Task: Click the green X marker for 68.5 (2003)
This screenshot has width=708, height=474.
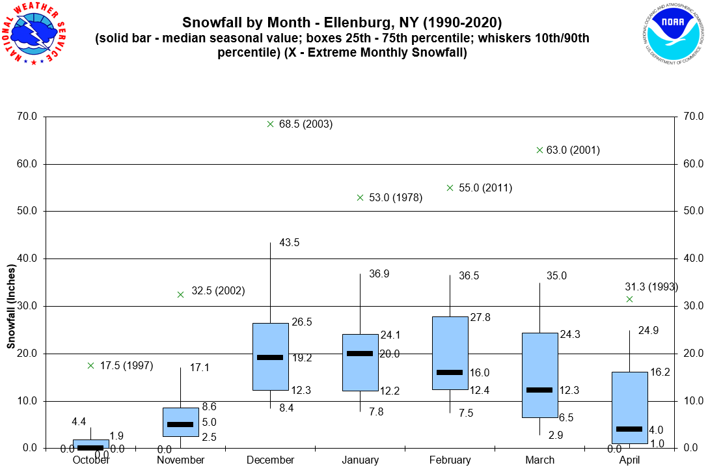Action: (x=270, y=124)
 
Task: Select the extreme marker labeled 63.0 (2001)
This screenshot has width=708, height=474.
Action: (x=539, y=150)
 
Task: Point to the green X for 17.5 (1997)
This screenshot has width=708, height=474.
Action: (x=90, y=365)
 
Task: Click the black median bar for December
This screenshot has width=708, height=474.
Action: (x=270, y=357)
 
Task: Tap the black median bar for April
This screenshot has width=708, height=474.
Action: (x=629, y=428)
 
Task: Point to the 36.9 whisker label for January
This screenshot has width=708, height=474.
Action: (x=379, y=274)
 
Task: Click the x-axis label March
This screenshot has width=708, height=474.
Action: (x=539, y=460)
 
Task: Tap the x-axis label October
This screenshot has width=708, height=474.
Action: (x=90, y=460)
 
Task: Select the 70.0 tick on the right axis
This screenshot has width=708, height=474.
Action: (x=690, y=117)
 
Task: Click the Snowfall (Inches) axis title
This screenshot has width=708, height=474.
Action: (x=11, y=306)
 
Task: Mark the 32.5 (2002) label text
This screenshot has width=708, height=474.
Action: (x=217, y=291)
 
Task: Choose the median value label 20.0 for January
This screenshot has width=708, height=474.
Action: (x=388, y=354)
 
